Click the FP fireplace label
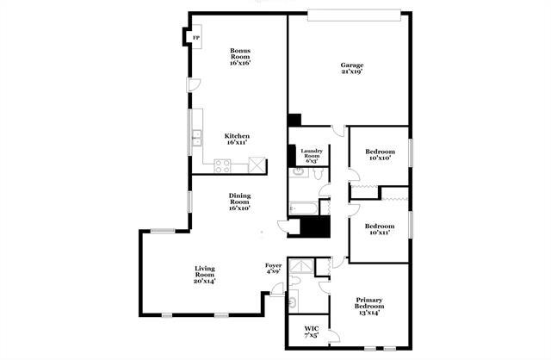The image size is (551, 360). [x=195, y=38]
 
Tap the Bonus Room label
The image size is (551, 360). [x=240, y=57]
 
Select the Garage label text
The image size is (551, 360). [x=351, y=65]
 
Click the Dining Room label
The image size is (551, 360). [x=239, y=202]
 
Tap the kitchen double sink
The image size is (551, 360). [x=197, y=135]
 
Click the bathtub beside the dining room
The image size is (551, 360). [x=303, y=208]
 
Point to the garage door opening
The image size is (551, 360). [x=356, y=13]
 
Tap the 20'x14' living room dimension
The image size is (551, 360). [x=204, y=281]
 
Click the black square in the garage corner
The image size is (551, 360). [x=294, y=120]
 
